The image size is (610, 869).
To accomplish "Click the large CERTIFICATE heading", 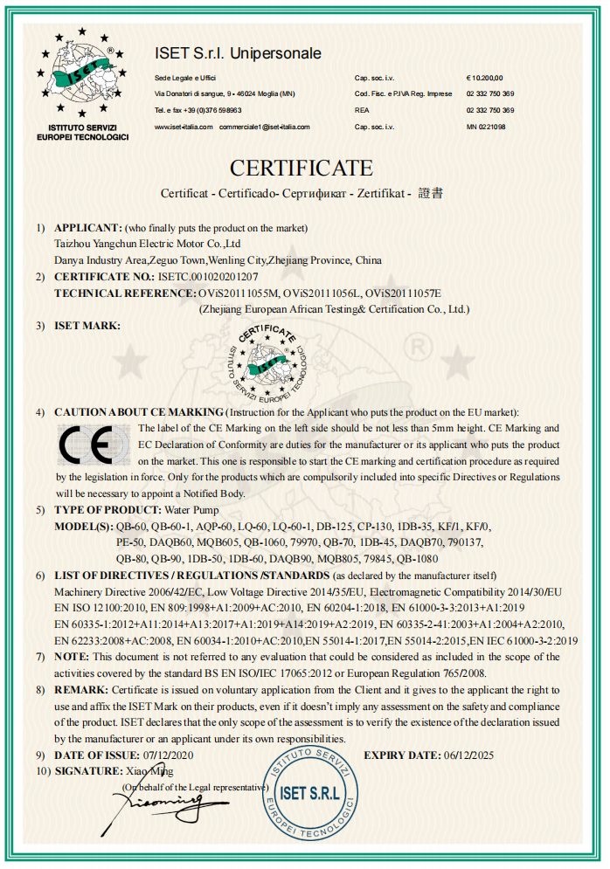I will click(x=302, y=168).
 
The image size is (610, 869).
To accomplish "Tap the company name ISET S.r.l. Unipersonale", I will click(x=238, y=54).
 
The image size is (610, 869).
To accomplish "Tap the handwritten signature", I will click(x=162, y=800).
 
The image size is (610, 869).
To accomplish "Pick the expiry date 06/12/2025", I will click(x=468, y=755).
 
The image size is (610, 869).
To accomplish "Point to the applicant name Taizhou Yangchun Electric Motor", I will click(x=148, y=245).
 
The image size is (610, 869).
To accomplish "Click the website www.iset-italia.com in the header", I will click(x=183, y=127).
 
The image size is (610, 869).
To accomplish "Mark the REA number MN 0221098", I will click(x=486, y=127).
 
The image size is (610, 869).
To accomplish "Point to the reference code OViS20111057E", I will click(x=405, y=293).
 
